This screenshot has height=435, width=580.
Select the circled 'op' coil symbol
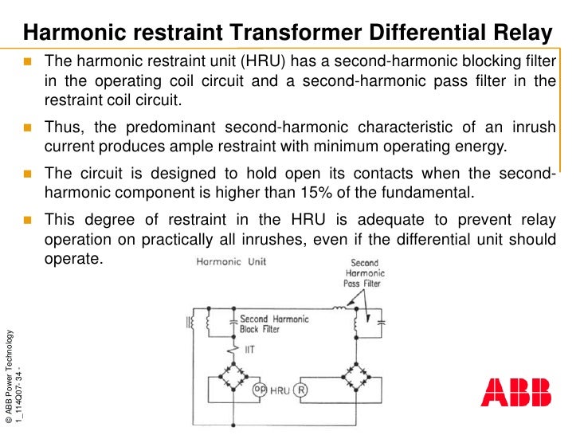(x=259, y=390)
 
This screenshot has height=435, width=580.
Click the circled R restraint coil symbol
(x=300, y=390)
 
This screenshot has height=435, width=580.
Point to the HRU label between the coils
(x=280, y=390)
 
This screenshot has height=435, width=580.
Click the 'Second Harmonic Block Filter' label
(x=273, y=323)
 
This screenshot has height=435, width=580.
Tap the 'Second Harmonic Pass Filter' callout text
(x=364, y=272)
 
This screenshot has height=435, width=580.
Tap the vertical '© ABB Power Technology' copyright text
(x=8, y=374)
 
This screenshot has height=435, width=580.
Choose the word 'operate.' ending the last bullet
(x=74, y=259)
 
